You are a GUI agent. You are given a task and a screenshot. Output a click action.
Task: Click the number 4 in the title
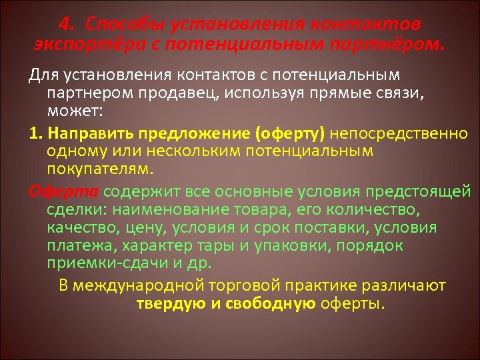pos(63,25)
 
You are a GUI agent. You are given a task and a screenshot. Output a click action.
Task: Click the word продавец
pos(191,91)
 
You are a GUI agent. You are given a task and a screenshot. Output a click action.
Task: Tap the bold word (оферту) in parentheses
pos(289,134)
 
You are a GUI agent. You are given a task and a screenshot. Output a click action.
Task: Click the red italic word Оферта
pos(63,193)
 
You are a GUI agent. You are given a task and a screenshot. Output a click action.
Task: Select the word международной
pos(161,285)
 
